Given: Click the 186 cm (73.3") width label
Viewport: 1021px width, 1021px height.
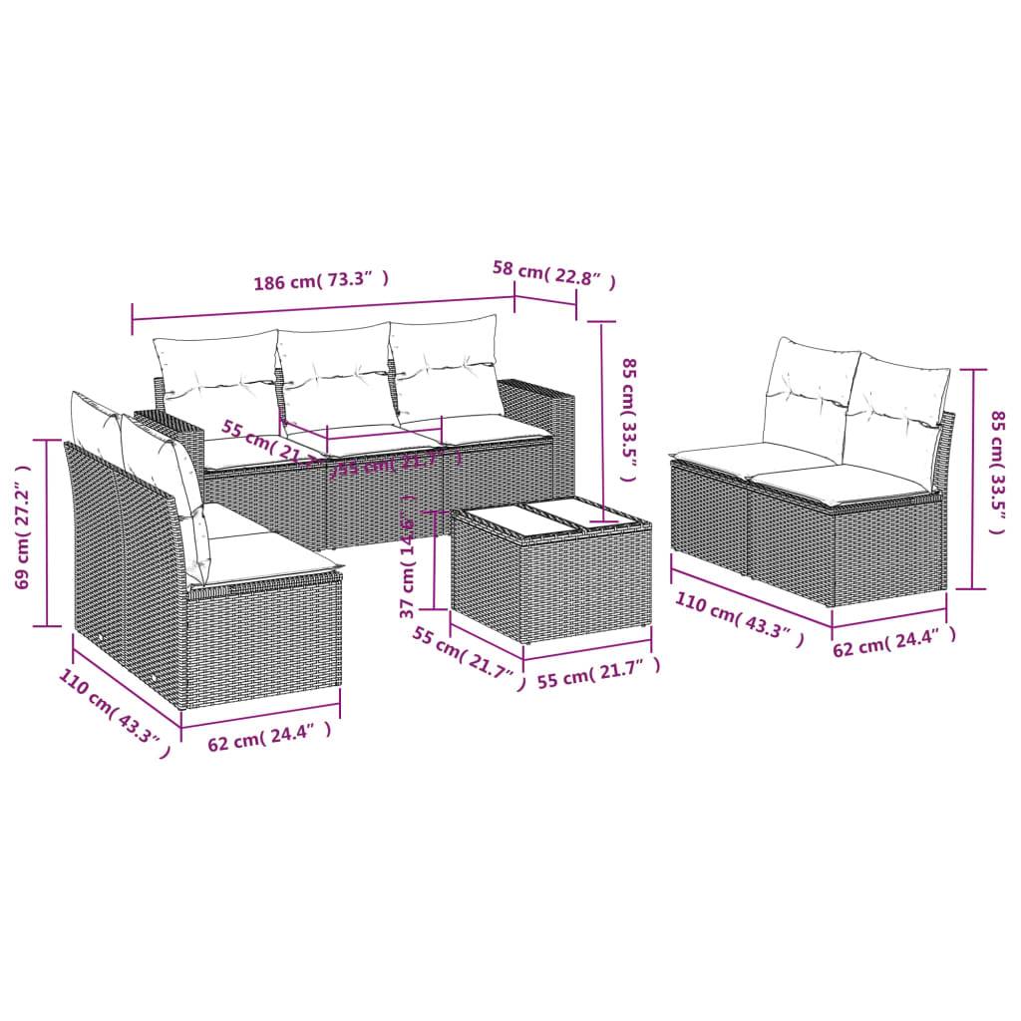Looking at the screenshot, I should click(320, 281).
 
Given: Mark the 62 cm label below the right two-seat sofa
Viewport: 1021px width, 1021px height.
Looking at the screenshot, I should click(893, 647).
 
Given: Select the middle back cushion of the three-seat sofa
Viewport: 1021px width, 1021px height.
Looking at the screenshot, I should click(334, 374).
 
